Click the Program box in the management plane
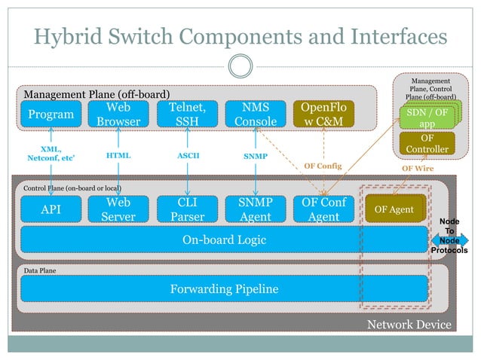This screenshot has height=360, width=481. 51,114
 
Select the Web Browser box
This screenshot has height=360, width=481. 118,114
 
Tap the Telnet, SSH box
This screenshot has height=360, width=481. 187,114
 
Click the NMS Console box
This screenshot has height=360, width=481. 256,114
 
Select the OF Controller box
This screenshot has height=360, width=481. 427,144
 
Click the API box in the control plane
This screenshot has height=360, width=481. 51,210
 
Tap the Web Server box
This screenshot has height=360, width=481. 118,210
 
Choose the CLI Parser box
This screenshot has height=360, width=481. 187,210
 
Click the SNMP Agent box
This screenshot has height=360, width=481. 256,210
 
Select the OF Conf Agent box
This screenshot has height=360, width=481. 323,210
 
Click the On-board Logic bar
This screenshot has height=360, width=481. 225,239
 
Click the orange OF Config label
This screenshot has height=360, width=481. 322,166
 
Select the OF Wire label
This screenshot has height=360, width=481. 417,169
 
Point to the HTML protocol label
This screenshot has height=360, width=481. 118,155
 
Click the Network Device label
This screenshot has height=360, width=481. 409,324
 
